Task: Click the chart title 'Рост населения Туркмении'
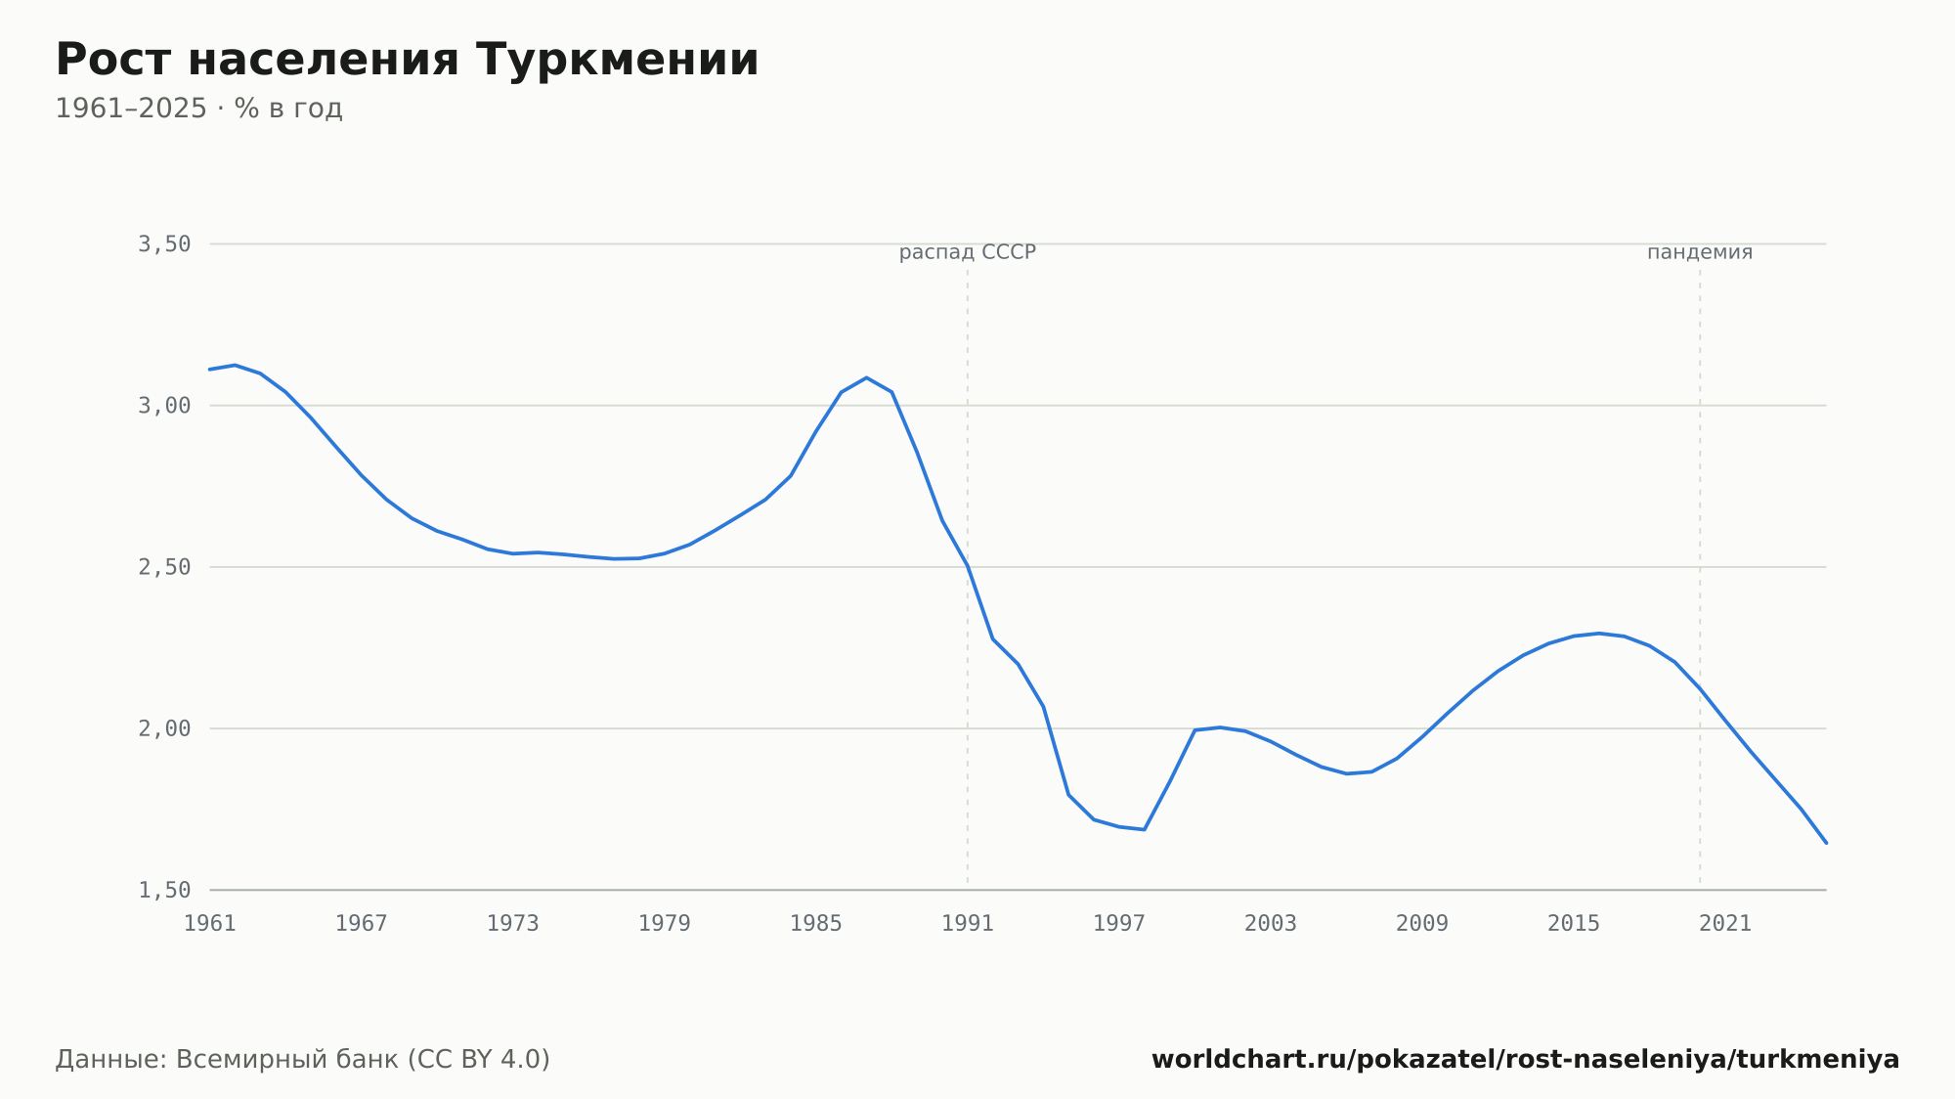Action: [x=407, y=60]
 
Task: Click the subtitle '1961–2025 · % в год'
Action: [x=198, y=109]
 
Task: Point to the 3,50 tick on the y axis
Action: [x=164, y=244]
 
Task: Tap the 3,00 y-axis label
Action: [x=164, y=406]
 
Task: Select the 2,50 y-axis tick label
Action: [x=164, y=567]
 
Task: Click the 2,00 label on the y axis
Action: [x=164, y=728]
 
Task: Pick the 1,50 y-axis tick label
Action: [x=164, y=890]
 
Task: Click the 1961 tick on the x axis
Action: [x=210, y=924]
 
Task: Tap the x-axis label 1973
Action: [x=513, y=924]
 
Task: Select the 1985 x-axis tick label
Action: [x=816, y=924]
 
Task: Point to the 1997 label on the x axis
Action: [x=1119, y=924]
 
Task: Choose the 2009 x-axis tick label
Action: [x=1422, y=924]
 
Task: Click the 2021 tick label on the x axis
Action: [x=1725, y=924]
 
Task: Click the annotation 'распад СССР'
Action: [x=968, y=252]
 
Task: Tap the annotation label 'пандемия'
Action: [x=1700, y=252]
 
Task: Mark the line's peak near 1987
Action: [x=866, y=377]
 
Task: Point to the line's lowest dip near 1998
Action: [x=1144, y=829]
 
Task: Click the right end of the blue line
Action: [x=1826, y=843]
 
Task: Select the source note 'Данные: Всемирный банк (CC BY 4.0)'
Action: [x=303, y=1060]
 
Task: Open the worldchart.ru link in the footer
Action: [x=1525, y=1060]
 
